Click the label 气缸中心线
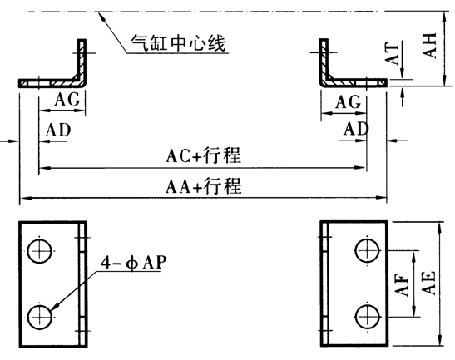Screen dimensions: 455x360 tap(178, 43)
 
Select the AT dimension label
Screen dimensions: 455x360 tap(392, 54)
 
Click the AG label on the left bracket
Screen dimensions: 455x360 tap(67, 100)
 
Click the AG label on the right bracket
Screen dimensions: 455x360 tap(349, 101)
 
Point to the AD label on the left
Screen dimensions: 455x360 tap(58, 130)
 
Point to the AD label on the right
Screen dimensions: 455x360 tap(356, 129)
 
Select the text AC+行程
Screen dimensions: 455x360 tap(204, 155)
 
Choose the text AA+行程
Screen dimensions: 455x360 tap(204, 185)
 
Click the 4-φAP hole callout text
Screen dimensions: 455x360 tap(134, 262)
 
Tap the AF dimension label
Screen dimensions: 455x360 tap(403, 286)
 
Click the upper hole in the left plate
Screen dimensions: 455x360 tap(40, 251)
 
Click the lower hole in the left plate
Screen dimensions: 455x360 tap(40, 317)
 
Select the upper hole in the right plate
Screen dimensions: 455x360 tap(368, 250)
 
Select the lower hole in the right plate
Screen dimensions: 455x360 tap(368, 317)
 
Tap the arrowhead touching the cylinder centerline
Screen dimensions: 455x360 tap(101, 14)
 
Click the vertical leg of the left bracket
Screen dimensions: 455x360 tap(82, 60)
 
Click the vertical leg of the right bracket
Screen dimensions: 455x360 tap(324, 60)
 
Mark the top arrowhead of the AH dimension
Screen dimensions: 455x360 tap(444, 16)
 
